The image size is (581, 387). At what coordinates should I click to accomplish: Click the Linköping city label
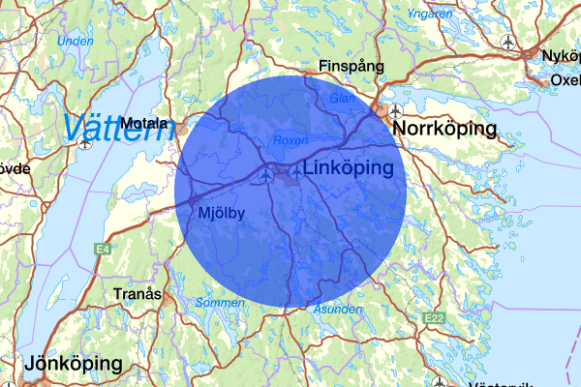point(349,168)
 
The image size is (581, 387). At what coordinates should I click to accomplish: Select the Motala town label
point(145,124)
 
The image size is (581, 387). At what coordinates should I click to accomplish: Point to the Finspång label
point(352,67)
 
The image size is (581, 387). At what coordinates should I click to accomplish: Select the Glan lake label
point(341,97)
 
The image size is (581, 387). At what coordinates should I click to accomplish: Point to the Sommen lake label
point(214,303)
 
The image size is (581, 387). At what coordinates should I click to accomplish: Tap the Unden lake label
point(75,42)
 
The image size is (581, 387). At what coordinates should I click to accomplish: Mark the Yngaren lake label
point(430,15)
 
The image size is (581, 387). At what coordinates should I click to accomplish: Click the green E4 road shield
point(102,250)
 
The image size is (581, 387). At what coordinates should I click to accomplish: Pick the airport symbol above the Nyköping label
point(510,42)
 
